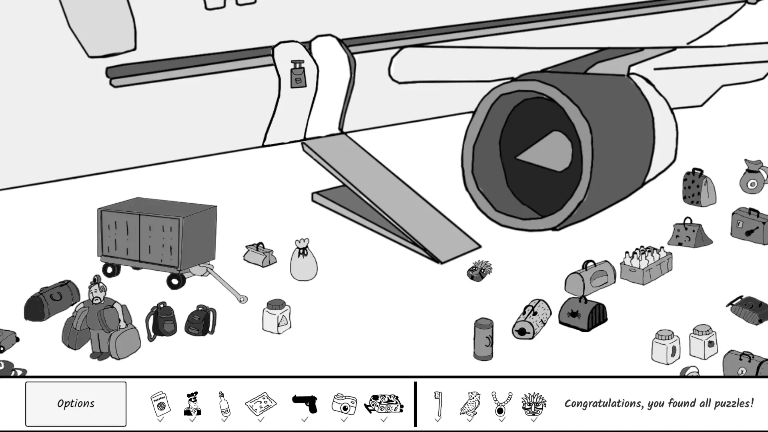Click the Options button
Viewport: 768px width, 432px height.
[76, 404]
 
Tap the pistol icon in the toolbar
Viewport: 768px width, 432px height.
[305, 404]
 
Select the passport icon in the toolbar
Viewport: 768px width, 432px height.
[160, 404]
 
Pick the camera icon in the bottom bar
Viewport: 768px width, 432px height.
[344, 404]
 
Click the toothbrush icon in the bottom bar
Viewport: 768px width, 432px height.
[438, 404]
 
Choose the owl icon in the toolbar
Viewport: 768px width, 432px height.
[470, 404]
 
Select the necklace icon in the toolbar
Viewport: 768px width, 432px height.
[501, 404]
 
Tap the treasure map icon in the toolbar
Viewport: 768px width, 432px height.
[261, 404]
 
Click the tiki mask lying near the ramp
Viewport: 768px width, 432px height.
[479, 271]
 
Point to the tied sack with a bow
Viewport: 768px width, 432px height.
[303, 260]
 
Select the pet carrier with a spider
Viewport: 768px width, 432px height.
[583, 314]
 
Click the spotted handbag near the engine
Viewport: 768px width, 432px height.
[698, 188]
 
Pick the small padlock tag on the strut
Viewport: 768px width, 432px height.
[298, 75]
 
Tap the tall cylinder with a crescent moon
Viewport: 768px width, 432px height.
[483, 339]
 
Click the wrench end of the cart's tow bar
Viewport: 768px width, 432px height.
[242, 299]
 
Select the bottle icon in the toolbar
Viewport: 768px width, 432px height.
[225, 404]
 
